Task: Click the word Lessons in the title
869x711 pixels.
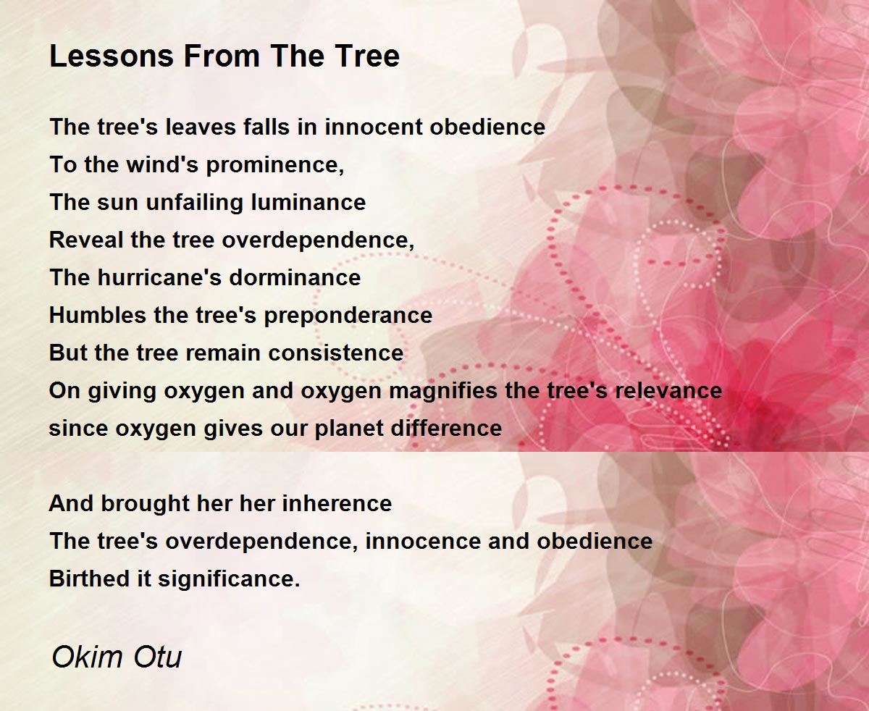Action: pos(112,56)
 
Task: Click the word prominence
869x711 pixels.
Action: pos(275,166)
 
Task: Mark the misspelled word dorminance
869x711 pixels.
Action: pos(295,277)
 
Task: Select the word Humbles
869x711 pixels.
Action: pos(98,315)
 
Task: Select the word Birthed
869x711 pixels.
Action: pos(89,579)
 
